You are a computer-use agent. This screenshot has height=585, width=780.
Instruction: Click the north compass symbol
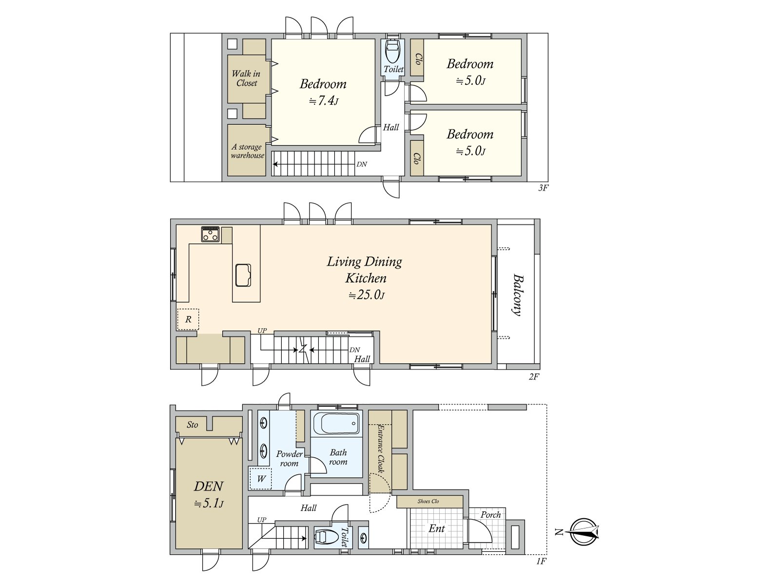coord(583,532)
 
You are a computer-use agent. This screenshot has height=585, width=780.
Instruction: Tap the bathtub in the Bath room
coord(337,424)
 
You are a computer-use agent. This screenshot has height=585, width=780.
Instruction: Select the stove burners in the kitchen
coord(211,234)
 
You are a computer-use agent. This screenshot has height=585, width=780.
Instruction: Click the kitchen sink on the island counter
coord(243,275)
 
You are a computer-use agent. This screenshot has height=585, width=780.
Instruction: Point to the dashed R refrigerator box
coord(188,320)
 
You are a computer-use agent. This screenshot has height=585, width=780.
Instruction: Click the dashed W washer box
coord(261,478)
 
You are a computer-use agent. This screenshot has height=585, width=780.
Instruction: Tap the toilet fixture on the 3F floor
coord(393,50)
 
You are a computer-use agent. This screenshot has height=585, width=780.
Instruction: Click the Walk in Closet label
coord(246,78)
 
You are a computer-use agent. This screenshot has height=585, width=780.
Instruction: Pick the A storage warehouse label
coord(248,151)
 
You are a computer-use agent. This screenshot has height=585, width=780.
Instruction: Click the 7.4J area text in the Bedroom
coord(324,101)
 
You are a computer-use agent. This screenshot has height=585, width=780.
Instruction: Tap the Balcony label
coord(518,295)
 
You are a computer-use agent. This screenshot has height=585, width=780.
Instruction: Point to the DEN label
coord(209,487)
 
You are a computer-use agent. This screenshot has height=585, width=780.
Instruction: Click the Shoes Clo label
coord(428,501)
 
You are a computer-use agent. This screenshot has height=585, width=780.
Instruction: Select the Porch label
coord(490,515)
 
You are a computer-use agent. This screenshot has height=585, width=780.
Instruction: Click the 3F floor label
coord(543,188)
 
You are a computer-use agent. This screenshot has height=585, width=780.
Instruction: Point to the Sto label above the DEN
coord(193,425)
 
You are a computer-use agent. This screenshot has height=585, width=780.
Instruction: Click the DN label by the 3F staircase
coord(362,164)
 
